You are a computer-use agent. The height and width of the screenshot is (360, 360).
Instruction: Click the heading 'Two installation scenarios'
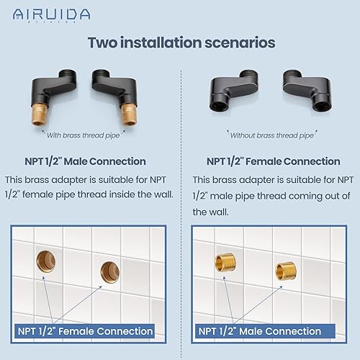coord(181,42)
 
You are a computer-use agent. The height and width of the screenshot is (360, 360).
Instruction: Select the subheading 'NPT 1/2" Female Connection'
coord(273,161)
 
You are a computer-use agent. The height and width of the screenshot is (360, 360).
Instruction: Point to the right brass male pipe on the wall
coord(284,271)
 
